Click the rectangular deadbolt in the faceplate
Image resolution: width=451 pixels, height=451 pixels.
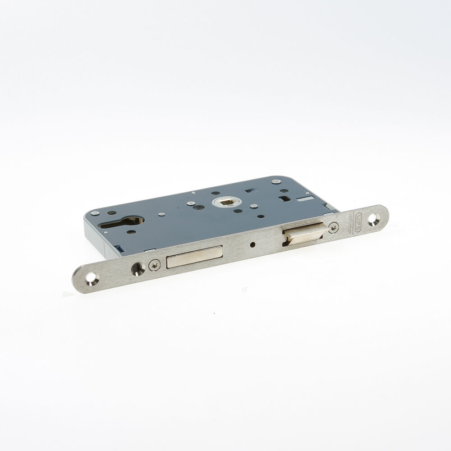194,257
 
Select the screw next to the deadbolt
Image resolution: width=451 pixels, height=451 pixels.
155,266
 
